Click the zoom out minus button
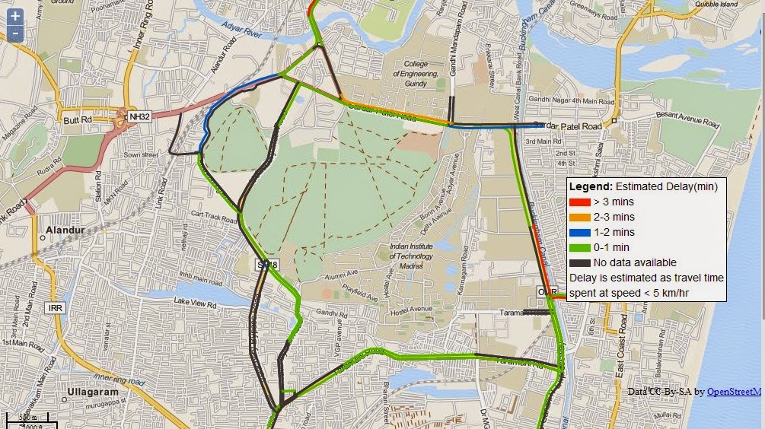(14, 33)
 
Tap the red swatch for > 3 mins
(581, 202)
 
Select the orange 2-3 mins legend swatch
(581, 218)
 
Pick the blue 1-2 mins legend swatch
(581, 233)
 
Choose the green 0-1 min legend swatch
(581, 248)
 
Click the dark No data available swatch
(581, 263)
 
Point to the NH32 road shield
(139, 116)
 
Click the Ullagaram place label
(94, 392)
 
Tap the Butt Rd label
(78, 120)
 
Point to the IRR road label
(55, 308)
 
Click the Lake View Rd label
(196, 302)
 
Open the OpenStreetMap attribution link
(734, 392)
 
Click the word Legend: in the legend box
(591, 186)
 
